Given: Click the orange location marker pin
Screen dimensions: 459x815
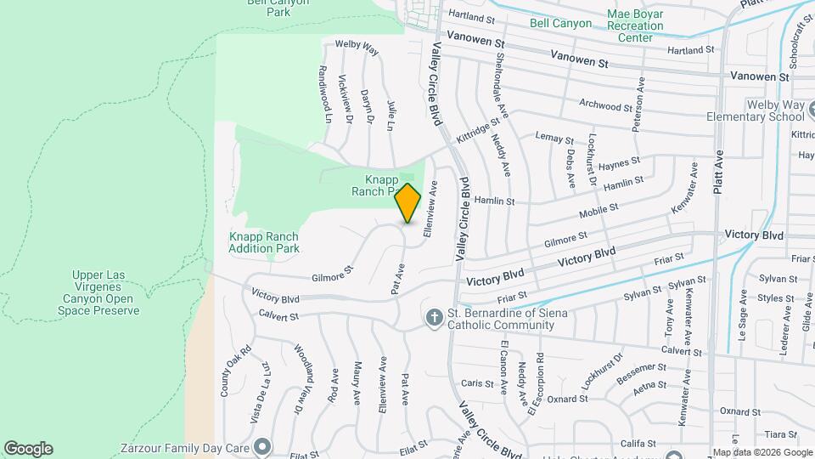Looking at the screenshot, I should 408,202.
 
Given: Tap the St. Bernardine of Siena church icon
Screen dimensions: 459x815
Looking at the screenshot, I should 433,318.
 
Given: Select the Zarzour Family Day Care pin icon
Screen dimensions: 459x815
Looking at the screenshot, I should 262,446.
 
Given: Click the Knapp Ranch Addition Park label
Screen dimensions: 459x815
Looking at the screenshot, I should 264,242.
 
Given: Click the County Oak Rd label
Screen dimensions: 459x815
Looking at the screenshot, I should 226,371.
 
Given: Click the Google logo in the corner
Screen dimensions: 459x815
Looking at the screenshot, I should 28,449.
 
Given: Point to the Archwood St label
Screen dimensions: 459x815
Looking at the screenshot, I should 605,105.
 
